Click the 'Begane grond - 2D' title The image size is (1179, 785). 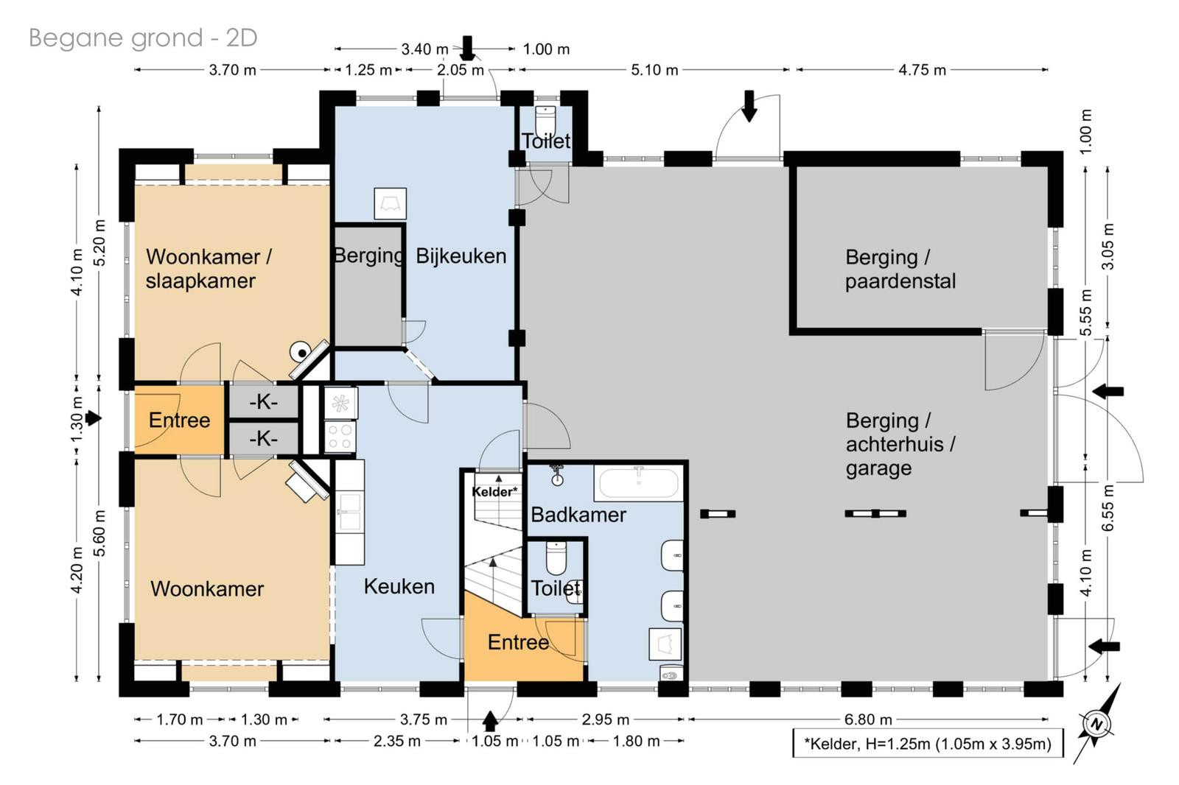pos(143,38)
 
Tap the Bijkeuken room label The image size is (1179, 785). pos(461,256)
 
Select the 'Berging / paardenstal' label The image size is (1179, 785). pos(900,269)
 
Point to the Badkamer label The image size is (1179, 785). pos(578,515)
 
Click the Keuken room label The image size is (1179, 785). pos(399,586)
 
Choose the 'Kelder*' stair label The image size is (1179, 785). pos(494,491)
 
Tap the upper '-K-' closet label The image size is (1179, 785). pos(263,402)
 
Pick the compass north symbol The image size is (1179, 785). pos(1097,724)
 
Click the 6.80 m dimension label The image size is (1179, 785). pos(868,719)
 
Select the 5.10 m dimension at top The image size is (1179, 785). pos(654,70)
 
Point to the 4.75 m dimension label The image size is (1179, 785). pos(922,70)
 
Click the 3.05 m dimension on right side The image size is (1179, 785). pos(1108,247)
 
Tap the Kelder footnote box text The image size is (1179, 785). pos(928,744)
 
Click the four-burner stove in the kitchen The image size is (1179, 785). pos(340,437)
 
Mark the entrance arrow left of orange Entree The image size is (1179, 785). pos(93,418)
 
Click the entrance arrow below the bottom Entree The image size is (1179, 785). pos(490,721)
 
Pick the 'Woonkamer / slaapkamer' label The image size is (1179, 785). pos(209,269)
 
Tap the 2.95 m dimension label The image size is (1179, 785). pos(605,719)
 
